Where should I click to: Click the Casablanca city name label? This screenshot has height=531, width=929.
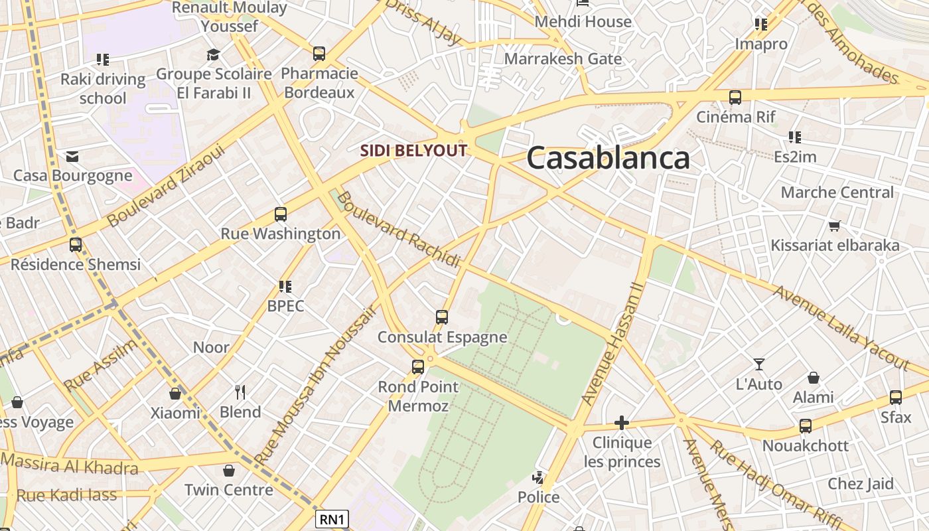608,159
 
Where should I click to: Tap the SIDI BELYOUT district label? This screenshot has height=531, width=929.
414,151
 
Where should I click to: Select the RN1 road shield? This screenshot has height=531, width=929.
332,518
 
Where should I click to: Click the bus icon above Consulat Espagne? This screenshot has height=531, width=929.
442,317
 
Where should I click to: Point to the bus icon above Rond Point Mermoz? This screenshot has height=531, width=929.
418,366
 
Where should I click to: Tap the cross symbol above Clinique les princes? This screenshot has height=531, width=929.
622,422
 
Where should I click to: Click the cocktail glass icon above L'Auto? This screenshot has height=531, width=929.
759,364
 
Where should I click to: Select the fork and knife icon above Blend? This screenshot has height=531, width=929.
240,392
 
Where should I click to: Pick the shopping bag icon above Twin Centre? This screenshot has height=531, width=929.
229,471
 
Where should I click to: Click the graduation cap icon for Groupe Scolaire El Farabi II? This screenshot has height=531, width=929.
213,54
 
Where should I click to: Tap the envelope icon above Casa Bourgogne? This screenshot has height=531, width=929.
72,157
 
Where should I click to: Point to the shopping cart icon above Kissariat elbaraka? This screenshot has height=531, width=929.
835,226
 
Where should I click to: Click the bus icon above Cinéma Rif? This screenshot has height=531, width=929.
735,98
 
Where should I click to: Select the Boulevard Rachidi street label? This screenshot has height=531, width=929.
398,230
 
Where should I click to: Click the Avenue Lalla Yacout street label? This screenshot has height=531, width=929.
841,329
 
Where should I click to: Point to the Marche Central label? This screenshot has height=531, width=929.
837,192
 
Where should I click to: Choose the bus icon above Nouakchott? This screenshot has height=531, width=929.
806,426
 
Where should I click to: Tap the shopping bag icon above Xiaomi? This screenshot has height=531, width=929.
175,394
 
